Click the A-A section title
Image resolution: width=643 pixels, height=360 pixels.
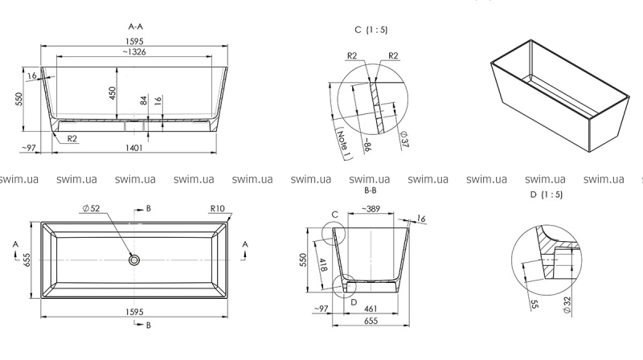coord(136,27)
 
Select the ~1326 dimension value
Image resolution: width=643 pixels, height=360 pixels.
coord(134,52)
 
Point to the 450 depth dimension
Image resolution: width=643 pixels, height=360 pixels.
coord(113,92)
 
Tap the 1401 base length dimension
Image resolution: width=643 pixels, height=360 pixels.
coord(134,148)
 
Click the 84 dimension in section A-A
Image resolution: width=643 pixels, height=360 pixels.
coord(144,100)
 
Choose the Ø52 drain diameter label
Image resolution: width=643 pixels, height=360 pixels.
coord(91,208)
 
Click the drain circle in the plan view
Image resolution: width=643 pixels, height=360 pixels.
coord(133,260)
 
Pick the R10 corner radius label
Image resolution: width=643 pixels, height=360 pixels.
coord(217,208)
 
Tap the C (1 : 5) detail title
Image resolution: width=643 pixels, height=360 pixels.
coord(371,30)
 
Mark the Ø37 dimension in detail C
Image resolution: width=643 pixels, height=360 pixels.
coord(404,139)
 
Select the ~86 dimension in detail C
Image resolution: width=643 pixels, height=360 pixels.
coord(367,145)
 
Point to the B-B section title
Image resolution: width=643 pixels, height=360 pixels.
coord(371,190)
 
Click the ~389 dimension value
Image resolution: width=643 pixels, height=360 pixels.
coord(371,209)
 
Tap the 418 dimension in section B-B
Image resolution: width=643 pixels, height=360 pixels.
coord(323,264)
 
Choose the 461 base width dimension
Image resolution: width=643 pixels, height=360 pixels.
coord(371,309)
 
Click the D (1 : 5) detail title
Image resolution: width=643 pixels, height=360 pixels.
coord(547,194)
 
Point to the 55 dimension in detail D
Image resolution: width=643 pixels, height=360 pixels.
coord(534,305)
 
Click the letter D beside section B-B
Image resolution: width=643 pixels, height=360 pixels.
coord(354,302)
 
